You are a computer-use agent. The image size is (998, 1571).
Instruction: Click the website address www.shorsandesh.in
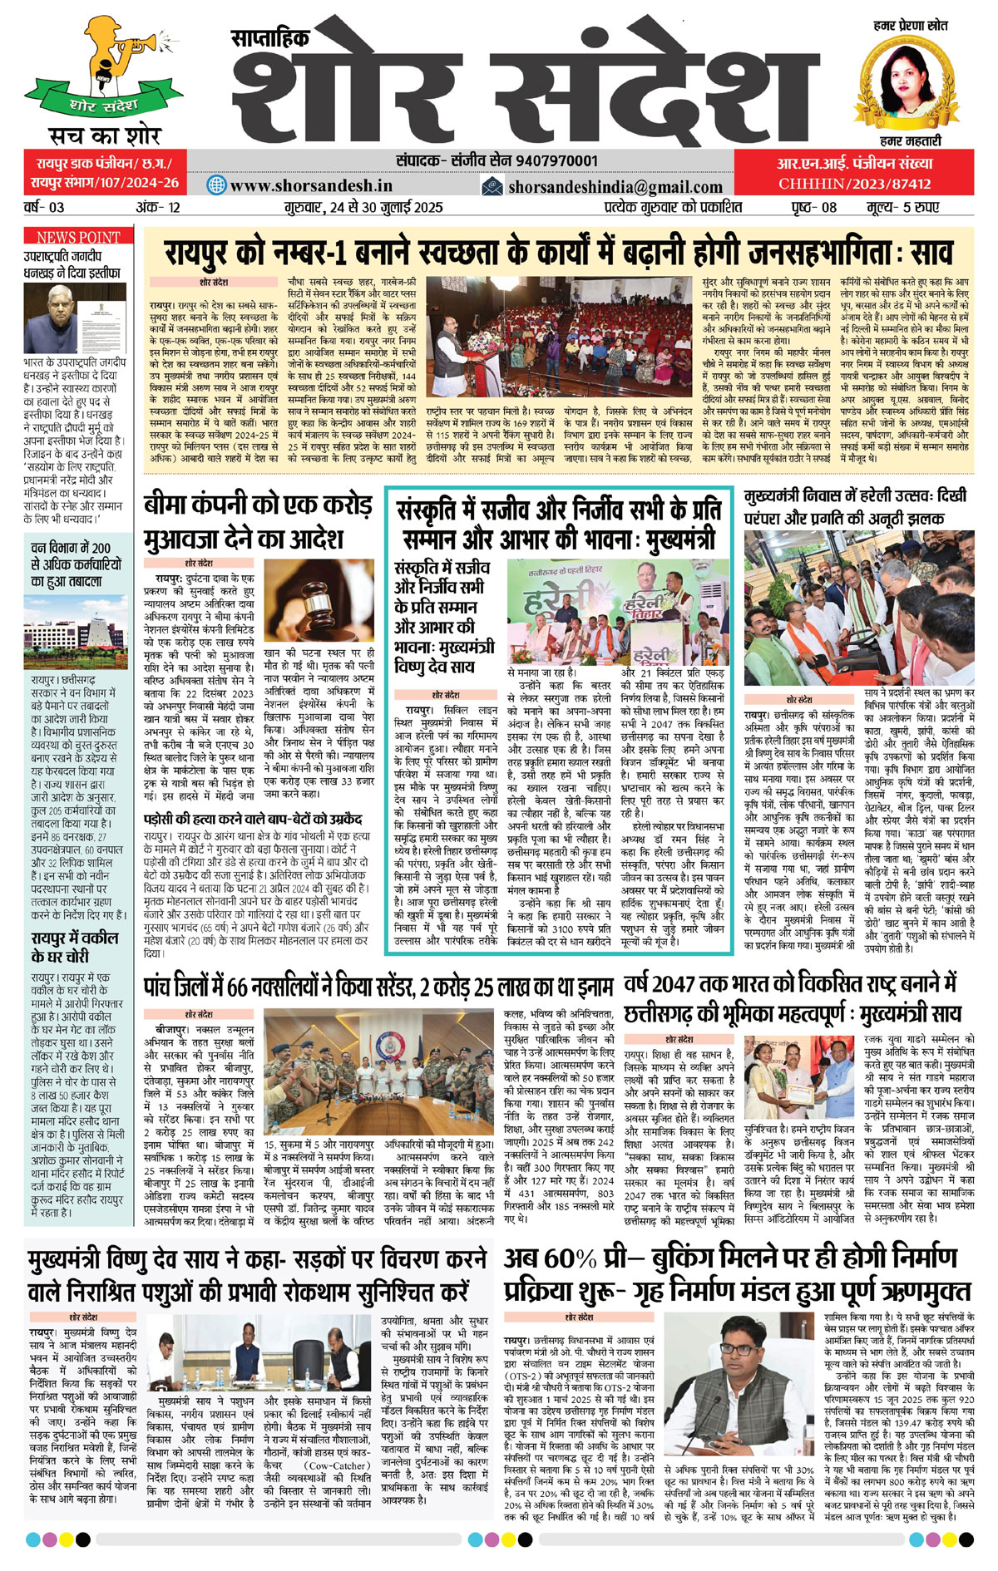point(311,185)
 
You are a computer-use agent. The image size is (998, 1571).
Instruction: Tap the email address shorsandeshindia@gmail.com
point(615,187)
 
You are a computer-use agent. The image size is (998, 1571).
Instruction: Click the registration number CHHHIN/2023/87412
point(854,184)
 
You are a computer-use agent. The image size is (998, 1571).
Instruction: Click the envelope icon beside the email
point(492,186)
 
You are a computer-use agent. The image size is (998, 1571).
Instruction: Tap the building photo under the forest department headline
point(78,623)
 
